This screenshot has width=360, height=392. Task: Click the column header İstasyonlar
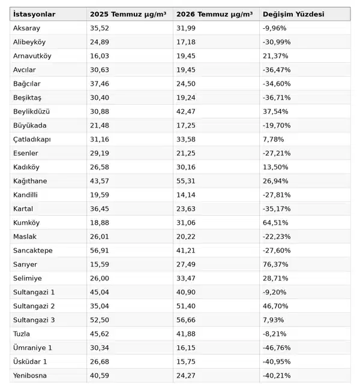point(34,14)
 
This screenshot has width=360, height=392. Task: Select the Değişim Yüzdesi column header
point(293,14)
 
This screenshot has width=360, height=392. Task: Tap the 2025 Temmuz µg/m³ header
point(128,14)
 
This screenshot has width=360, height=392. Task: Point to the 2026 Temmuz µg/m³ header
point(214,14)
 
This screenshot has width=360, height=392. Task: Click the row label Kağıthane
point(30,181)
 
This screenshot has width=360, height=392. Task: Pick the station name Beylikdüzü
point(31,111)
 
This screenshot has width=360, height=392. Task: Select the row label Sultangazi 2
point(34,306)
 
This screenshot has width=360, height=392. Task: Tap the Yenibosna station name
point(30,375)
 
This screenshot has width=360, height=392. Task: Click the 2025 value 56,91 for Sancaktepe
point(100,251)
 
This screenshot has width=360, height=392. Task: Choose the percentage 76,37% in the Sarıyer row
point(275,264)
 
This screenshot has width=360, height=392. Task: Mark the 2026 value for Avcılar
point(185,70)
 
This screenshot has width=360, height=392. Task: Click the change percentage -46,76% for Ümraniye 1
point(277,348)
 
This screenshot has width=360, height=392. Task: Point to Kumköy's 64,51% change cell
point(275,223)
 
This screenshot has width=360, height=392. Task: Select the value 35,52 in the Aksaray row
point(100,28)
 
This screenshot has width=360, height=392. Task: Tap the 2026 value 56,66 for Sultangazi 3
point(185,320)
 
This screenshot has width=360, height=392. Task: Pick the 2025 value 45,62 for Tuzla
point(100,334)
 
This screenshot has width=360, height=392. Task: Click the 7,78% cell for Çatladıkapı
point(273,139)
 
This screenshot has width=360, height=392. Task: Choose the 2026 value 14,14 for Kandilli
point(185,195)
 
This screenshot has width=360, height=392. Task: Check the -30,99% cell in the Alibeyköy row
point(277,42)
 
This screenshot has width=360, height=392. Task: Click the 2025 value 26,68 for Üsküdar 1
point(100,362)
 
